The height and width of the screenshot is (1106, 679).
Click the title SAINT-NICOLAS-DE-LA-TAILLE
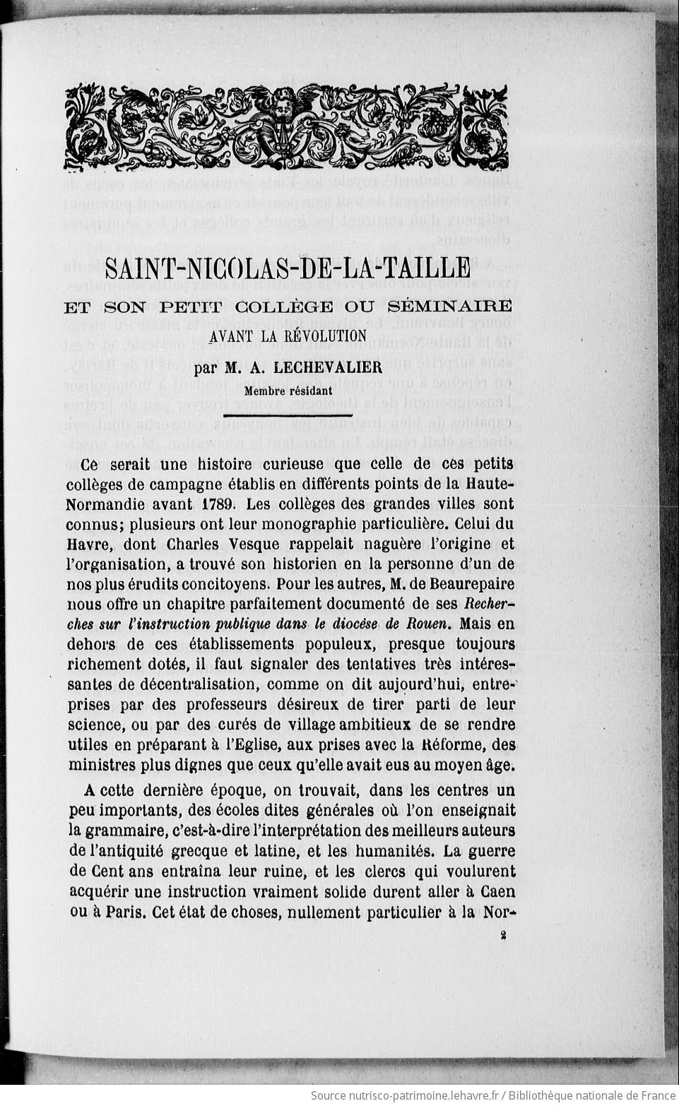click(x=288, y=268)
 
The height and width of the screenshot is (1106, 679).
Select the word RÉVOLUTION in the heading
click(x=325, y=336)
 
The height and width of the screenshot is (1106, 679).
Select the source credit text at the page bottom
click(x=492, y=1095)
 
